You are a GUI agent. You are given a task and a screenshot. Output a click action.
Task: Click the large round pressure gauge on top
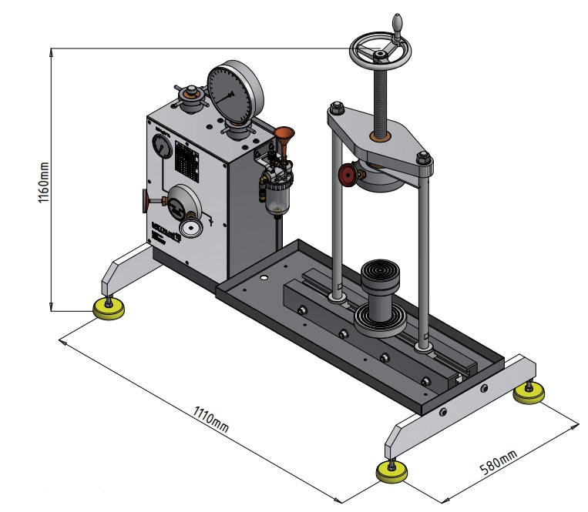pos(235,95)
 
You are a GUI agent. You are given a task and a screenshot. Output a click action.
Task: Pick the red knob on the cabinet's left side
pos(145,201)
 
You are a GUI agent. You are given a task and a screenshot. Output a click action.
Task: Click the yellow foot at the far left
pos(109,309)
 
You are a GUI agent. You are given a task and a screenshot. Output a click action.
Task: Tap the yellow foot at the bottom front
pos(393,471)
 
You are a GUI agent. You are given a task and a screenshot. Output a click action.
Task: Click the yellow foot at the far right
pos(529,393)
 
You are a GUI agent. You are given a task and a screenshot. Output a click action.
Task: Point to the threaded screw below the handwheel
pos(380,100)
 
